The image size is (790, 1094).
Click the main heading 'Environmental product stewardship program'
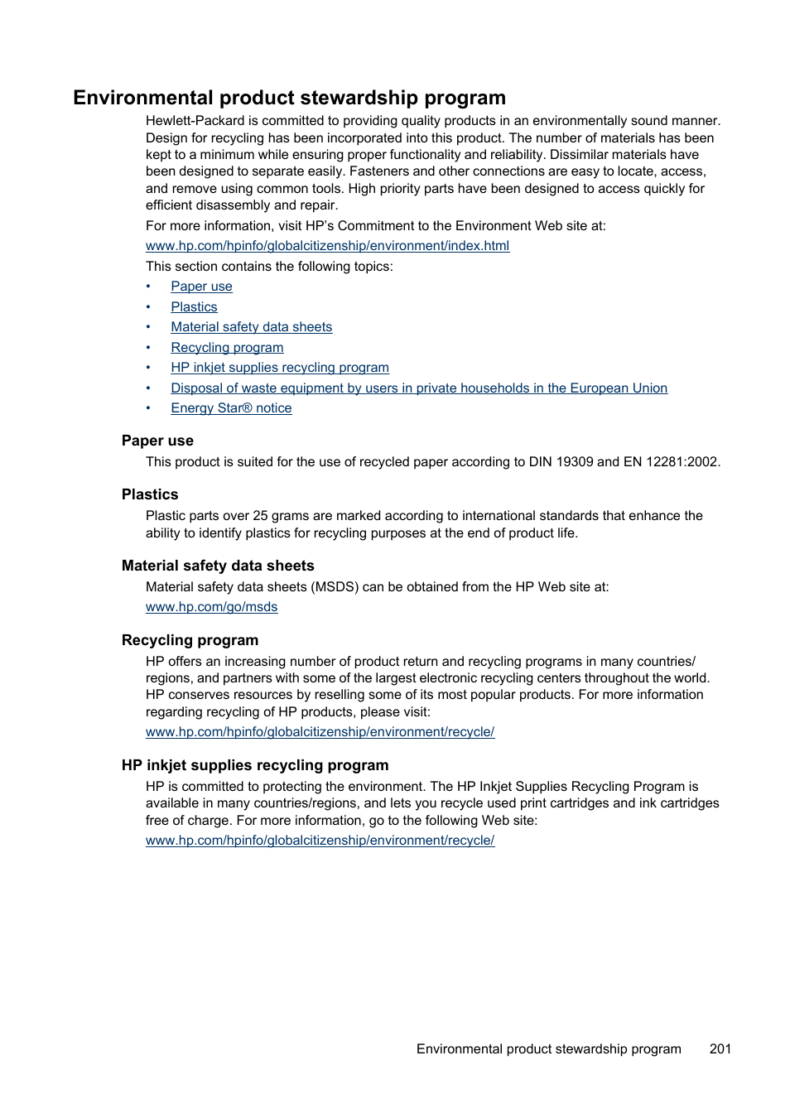click(289, 98)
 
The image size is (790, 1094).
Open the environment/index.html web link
click(327, 246)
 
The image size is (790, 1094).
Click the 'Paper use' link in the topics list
click(201, 287)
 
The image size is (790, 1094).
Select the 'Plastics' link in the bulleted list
click(194, 307)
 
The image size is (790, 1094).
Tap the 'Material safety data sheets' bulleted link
click(251, 327)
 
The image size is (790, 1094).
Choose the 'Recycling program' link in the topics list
click(227, 348)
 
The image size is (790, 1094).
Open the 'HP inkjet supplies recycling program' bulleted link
click(279, 368)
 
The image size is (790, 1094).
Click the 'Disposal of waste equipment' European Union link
click(418, 388)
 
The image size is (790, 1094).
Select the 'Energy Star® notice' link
click(231, 408)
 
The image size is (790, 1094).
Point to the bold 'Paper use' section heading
click(157, 441)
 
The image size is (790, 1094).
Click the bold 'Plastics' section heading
click(150, 494)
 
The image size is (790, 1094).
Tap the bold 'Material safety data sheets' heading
click(218, 566)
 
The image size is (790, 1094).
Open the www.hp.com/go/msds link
click(211, 607)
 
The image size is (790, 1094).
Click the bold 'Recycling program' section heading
click(190, 640)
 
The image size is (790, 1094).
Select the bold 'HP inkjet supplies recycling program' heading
click(255, 765)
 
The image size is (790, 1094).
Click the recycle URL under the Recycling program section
click(320, 732)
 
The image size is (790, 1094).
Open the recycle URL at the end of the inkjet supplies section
click(320, 841)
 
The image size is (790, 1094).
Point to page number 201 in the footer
click(720, 1049)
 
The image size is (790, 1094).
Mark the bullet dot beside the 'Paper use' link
click(148, 287)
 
